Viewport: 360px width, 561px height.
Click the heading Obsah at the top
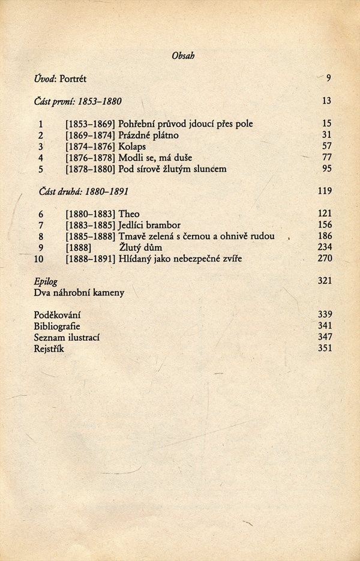[x=183, y=56]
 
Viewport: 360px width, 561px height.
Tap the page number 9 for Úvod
[x=329, y=78]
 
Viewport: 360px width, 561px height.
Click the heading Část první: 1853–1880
[x=78, y=101]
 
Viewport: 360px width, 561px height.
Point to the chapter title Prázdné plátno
[x=144, y=135]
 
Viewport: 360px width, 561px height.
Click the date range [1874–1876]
[x=90, y=146]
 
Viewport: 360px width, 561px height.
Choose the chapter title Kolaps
[x=132, y=146]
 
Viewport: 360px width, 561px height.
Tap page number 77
[x=326, y=157]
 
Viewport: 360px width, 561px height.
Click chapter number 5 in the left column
[x=41, y=169]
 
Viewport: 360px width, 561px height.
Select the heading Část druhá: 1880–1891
[x=83, y=191]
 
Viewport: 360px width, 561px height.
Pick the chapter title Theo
[x=129, y=214]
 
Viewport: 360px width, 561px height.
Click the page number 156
[x=325, y=225]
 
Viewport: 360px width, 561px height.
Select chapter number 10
[x=39, y=259]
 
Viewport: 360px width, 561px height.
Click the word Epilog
[x=46, y=281]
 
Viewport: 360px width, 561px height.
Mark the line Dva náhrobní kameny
[x=79, y=293]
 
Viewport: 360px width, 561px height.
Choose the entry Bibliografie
[x=57, y=326]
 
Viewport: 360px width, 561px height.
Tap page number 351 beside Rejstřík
[x=325, y=349]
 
